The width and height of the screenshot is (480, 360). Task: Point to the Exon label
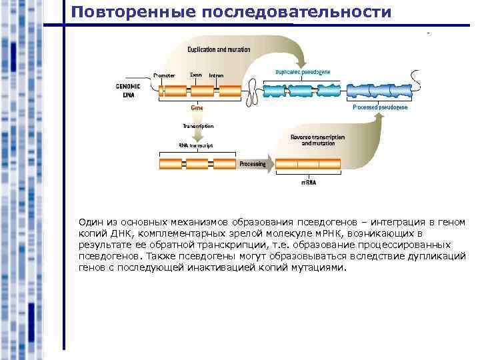click(x=195, y=75)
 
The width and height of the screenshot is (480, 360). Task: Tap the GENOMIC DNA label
click(x=128, y=91)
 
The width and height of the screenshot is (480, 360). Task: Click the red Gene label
click(x=197, y=107)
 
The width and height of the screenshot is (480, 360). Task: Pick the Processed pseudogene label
click(x=380, y=107)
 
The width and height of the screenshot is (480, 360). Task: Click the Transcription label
click(x=198, y=126)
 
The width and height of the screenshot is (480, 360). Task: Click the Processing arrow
click(x=253, y=164)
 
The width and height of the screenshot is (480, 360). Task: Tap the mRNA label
click(x=309, y=182)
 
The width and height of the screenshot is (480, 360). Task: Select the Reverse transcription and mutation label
click(x=318, y=140)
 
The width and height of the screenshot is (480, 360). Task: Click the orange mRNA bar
click(x=309, y=164)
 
